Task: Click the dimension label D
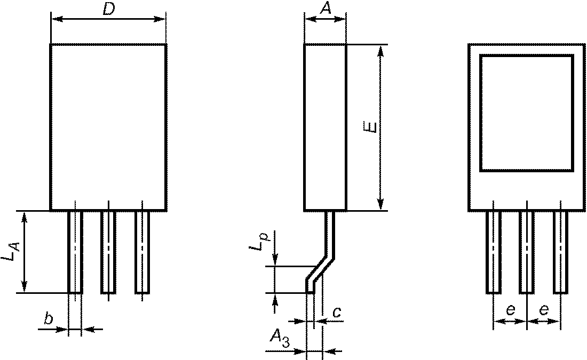pos(108,10)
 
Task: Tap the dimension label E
pos(370,126)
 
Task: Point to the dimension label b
pos(48,319)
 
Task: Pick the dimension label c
pos(337,312)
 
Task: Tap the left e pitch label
pos(510,310)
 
